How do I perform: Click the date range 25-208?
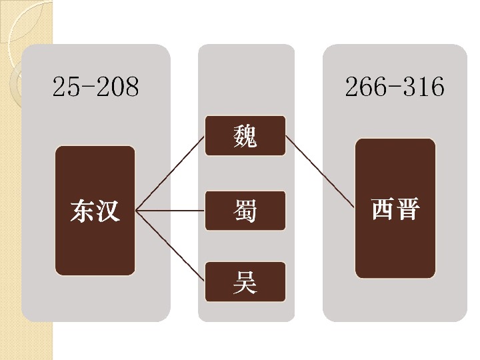[95, 87]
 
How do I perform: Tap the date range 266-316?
[394, 87]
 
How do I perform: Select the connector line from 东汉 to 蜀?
[170, 211]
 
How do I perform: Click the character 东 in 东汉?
[83, 211]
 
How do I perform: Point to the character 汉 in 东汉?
[108, 211]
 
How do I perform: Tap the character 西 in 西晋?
[383, 209]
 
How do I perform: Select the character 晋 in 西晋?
[407, 209]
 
